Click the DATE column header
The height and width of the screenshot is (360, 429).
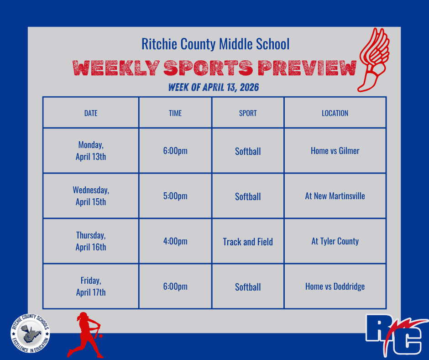point(91,113)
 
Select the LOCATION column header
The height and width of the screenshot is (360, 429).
point(335,113)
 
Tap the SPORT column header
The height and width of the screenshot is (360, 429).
point(248,113)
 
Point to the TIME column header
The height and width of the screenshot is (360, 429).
point(175,113)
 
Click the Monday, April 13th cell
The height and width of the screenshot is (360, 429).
point(91,151)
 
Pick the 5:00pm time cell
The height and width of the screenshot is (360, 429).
point(175,196)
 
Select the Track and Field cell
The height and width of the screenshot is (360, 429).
point(248,242)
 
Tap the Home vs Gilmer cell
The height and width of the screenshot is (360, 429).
point(335,151)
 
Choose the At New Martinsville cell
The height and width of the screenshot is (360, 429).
point(335,196)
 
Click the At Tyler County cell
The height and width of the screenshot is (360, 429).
point(335,241)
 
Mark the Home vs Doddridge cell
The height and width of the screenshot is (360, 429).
point(335,287)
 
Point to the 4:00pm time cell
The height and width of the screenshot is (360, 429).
point(175,241)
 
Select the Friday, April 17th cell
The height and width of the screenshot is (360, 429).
point(91,286)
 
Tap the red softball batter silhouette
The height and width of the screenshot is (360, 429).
point(85,334)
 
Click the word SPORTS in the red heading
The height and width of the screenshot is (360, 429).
point(208,69)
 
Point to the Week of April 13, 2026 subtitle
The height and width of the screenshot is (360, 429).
point(214,87)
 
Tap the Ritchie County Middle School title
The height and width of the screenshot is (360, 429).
point(215,44)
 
